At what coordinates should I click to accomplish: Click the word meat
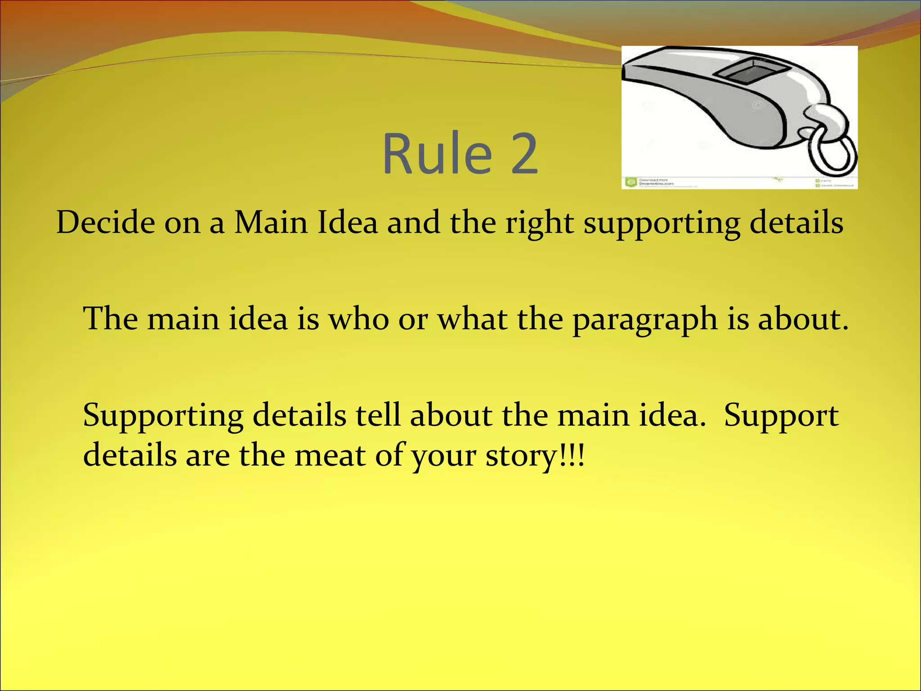pos(330,455)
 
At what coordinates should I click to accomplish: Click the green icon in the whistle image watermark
pos(630,182)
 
